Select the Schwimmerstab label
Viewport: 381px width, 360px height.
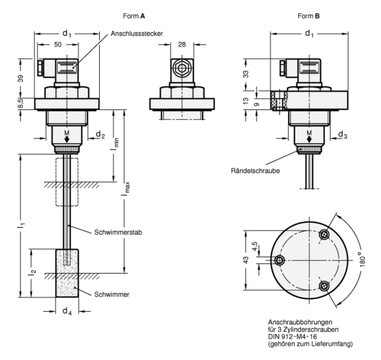point(117,232)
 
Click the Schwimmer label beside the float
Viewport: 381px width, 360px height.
point(112,293)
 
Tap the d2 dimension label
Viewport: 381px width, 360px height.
point(100,134)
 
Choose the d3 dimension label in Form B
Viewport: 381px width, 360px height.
point(342,134)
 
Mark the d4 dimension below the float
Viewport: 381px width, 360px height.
point(67,311)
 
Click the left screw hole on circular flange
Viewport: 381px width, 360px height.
point(278,260)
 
